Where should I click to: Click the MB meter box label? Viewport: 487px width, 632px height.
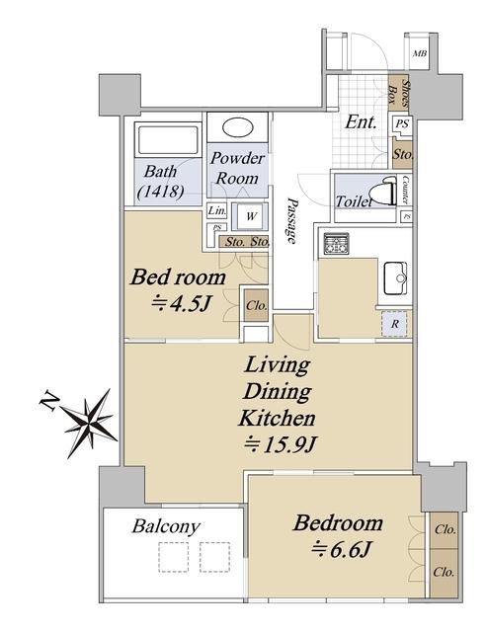click(x=420, y=53)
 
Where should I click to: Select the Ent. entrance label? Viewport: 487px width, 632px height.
click(x=361, y=122)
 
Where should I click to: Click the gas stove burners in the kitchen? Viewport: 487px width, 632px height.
click(x=336, y=244)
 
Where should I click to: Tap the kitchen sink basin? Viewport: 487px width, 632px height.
click(x=395, y=278)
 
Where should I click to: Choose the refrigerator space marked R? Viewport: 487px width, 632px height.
click(x=394, y=324)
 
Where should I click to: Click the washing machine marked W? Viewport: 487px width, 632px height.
click(x=250, y=216)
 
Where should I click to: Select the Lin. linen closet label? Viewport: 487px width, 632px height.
click(x=217, y=210)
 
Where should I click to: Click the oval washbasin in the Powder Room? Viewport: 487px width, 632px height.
click(x=237, y=127)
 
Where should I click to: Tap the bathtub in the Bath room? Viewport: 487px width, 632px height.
click(x=168, y=140)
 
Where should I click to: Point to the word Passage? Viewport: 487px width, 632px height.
click(x=291, y=221)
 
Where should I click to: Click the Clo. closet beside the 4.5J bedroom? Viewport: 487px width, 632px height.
click(x=256, y=305)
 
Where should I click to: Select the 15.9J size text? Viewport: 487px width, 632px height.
click(x=280, y=445)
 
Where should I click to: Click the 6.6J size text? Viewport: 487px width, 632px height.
click(x=341, y=550)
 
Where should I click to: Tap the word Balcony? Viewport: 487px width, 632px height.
click(x=166, y=526)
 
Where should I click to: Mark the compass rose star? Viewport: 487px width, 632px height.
click(x=90, y=423)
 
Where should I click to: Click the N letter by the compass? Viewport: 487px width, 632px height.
click(x=49, y=402)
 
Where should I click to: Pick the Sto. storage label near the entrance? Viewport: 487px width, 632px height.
click(x=403, y=154)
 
